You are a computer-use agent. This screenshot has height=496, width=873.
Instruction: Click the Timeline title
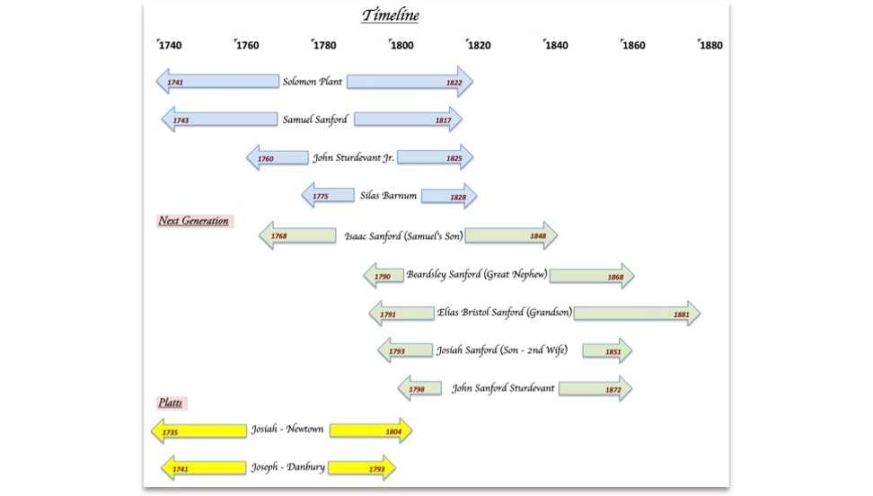pyautogui.click(x=391, y=15)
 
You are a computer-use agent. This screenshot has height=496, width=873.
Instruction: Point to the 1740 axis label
pyautogui.click(x=170, y=45)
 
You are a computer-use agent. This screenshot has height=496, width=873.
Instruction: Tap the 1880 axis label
pyautogui.click(x=710, y=45)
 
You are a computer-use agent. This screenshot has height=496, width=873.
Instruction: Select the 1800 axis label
pyautogui.click(x=401, y=45)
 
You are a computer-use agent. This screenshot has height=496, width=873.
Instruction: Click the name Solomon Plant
pyautogui.click(x=313, y=82)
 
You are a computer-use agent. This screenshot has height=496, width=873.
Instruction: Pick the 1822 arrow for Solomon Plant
pyautogui.click(x=410, y=82)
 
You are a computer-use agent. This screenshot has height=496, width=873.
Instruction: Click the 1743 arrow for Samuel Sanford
pyautogui.click(x=219, y=120)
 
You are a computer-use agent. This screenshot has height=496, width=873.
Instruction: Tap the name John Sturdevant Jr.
pyautogui.click(x=353, y=157)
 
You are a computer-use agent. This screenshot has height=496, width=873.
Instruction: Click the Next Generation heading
pyautogui.click(x=194, y=221)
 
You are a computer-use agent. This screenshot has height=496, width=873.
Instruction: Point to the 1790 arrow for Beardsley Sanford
pyautogui.click(x=384, y=276)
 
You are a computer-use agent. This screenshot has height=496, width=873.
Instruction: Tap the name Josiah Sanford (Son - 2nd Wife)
pyautogui.click(x=502, y=351)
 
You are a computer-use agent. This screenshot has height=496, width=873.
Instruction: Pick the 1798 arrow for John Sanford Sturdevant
pyautogui.click(x=419, y=388)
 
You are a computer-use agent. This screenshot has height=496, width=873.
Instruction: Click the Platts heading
pyautogui.click(x=171, y=403)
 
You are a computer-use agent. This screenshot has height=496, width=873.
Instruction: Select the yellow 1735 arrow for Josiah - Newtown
pyautogui.click(x=198, y=431)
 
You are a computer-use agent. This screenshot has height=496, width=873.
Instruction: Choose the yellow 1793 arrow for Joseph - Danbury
pyautogui.click(x=361, y=468)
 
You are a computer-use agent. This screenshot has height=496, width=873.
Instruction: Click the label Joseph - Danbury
pyautogui.click(x=287, y=468)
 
